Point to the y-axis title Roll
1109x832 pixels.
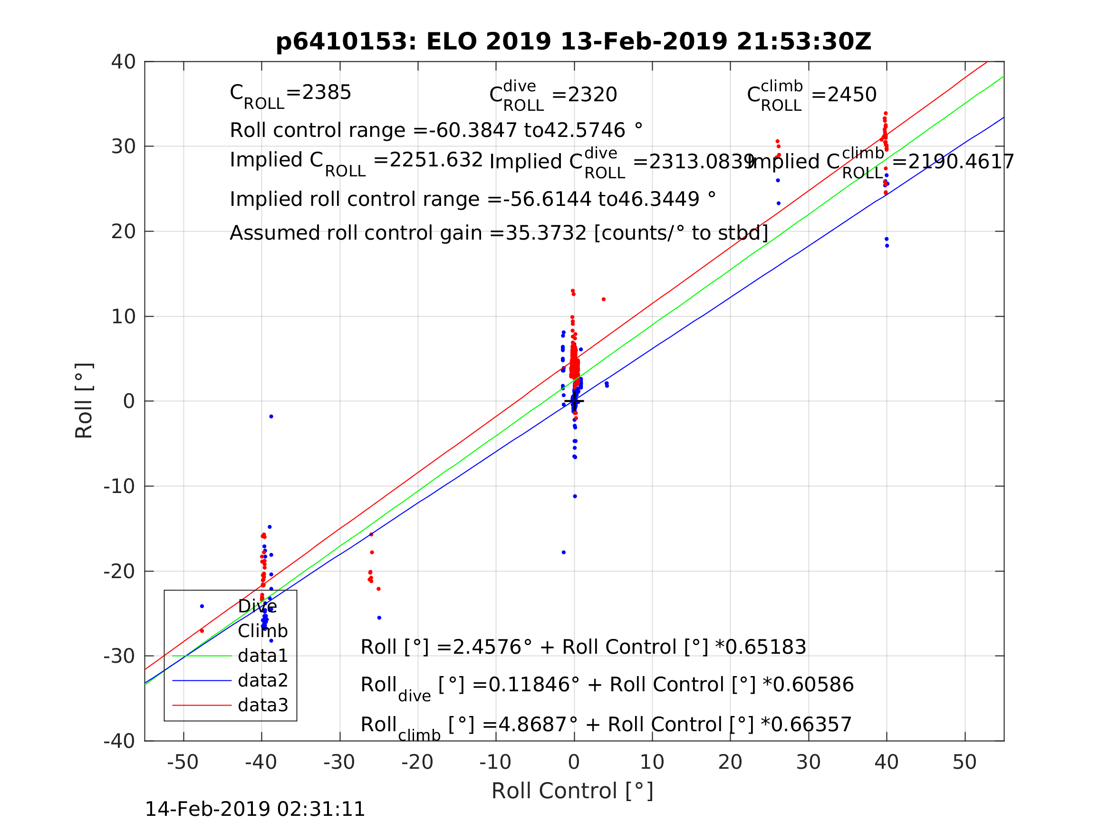pos(84,401)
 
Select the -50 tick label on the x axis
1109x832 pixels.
pos(183,762)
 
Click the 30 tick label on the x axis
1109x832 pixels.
pos(808,762)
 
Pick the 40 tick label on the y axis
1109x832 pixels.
pos(123,62)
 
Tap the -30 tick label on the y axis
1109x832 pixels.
pos(119,657)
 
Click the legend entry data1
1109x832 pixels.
pos(263,656)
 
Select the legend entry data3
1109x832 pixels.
pos(263,706)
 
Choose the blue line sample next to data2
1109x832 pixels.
pos(202,680)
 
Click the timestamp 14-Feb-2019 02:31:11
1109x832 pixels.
pos(255,810)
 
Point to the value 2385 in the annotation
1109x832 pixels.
pos(327,93)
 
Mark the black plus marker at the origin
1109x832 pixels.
pos(574,401)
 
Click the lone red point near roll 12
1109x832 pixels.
pos(604,300)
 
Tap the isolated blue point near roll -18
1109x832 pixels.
pos(563,552)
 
